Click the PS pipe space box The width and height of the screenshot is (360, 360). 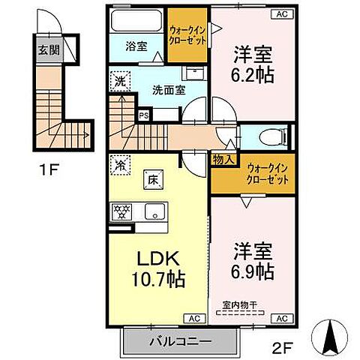[x=144, y=115]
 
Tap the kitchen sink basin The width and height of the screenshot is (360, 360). [x=155, y=211]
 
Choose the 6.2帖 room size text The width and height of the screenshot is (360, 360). [x=252, y=73]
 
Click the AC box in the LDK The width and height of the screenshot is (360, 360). [x=192, y=317]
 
